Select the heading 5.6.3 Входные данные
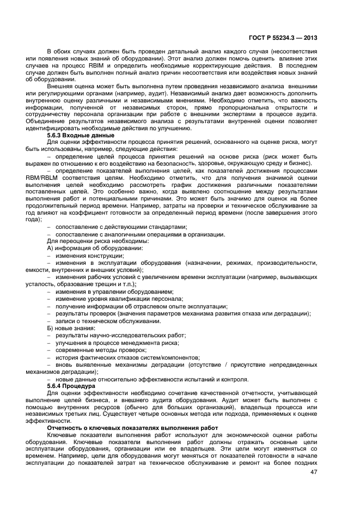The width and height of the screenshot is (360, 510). pyautogui.click(x=81, y=135)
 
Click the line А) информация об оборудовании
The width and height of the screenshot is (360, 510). pyautogui.click(x=95, y=248)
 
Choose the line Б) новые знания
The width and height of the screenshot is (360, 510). pyautogui.click(x=71, y=328)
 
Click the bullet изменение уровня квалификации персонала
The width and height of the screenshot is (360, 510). pyautogui.click(x=118, y=299)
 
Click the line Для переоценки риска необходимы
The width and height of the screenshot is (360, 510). pyautogui.click(x=97, y=241)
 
